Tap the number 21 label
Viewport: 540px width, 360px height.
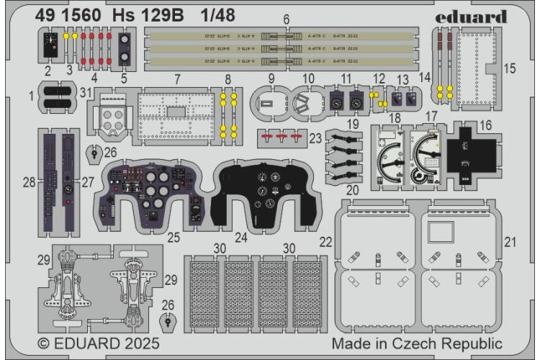tap(512, 240)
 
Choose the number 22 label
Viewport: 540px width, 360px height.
tap(326, 240)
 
